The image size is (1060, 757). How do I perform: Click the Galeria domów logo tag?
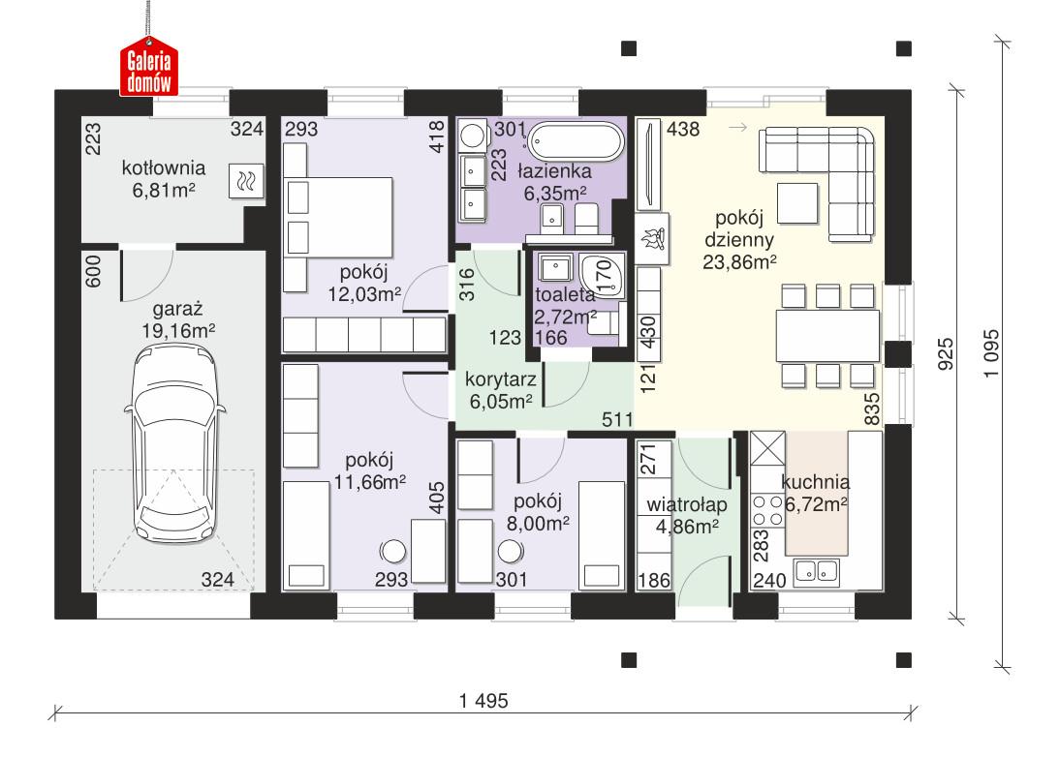[148, 69]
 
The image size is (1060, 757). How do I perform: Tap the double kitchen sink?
[816, 573]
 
